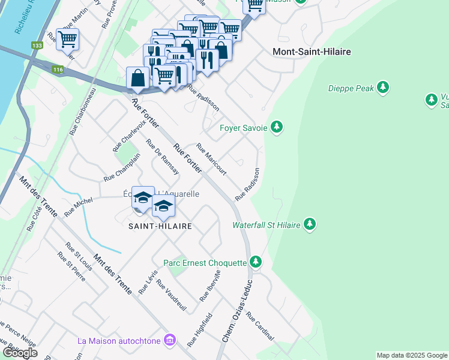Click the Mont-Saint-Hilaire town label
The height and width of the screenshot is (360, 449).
pyautogui.click(x=312, y=52)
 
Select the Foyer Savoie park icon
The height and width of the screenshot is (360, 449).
pyautogui.click(x=276, y=127)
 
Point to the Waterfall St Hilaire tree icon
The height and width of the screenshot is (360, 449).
pyautogui.click(x=310, y=225)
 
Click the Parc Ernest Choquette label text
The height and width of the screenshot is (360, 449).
pyautogui.click(x=205, y=263)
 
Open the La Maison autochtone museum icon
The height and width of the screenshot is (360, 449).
pyautogui.click(x=170, y=341)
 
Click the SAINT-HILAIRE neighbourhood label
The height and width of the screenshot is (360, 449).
pyautogui.click(x=160, y=226)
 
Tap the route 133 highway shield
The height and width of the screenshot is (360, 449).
pyautogui.click(x=37, y=46)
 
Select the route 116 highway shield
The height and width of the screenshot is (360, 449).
pyautogui.click(x=58, y=70)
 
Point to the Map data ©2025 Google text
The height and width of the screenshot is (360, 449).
pyautogui.click(x=412, y=355)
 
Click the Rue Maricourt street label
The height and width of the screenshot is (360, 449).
pyautogui.click(x=211, y=159)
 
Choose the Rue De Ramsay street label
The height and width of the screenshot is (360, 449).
pyautogui.click(x=163, y=158)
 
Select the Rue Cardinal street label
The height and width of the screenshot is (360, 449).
pyautogui.click(x=260, y=327)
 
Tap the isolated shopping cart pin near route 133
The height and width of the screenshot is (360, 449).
pyautogui.click(x=67, y=39)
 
